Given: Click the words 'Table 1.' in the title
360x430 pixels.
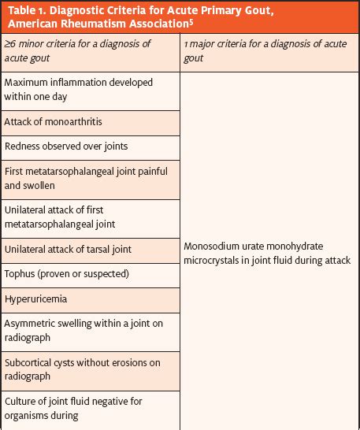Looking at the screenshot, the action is tap(29, 9).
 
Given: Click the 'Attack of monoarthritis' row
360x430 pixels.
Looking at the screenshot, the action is tap(54, 122).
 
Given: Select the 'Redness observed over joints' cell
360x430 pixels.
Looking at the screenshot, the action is tap(66, 146).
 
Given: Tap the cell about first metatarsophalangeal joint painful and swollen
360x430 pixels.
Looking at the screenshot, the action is tap(85, 179).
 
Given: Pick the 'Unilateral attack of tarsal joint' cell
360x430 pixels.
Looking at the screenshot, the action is tap(68, 249).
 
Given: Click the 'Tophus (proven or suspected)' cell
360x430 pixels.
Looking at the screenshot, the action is tap(67, 274).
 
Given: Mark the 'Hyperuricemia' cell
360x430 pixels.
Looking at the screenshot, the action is tap(35, 299).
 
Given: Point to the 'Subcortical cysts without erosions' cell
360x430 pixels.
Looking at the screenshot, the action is tap(82, 369).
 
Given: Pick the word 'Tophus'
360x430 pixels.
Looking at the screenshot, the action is tap(20, 274).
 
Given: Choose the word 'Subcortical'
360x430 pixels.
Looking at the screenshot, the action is tap(31, 362).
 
